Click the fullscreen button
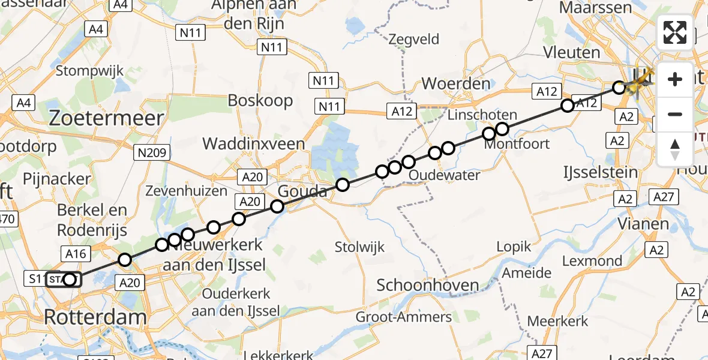click(x=675, y=32)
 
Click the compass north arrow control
click(x=675, y=149)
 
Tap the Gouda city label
click(x=303, y=192)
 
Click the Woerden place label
click(x=456, y=83)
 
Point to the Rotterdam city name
click(x=95, y=317)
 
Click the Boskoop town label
click(x=260, y=100)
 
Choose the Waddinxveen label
click(x=253, y=144)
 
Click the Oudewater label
click(x=444, y=175)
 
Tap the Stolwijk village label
click(x=360, y=247)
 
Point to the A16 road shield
click(x=76, y=254)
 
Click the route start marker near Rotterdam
click(x=70, y=280)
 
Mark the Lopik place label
click(x=514, y=246)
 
